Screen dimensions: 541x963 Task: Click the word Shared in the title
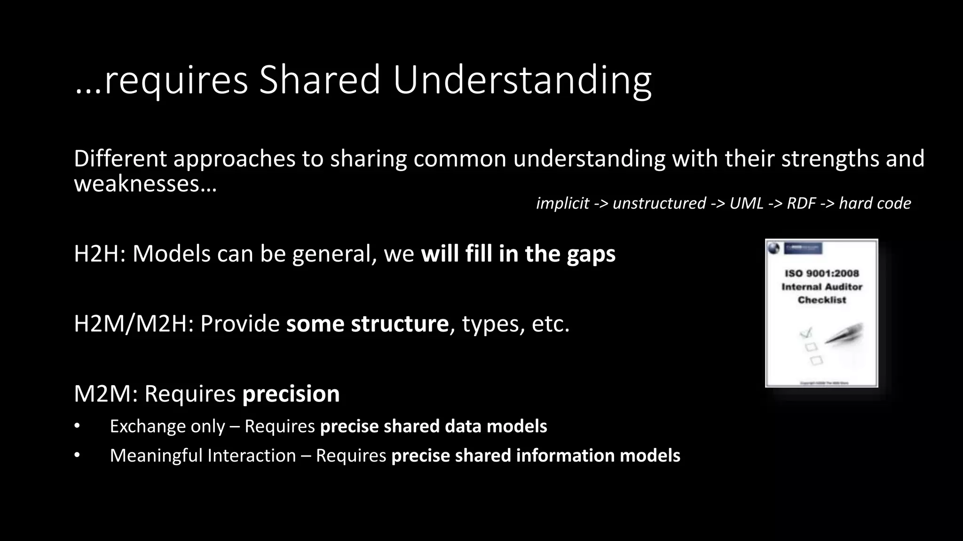point(319,80)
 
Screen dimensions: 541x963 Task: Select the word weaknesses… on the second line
point(145,183)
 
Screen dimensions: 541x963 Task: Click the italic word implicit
point(562,203)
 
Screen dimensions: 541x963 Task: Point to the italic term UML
point(746,203)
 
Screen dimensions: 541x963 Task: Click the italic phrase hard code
point(875,203)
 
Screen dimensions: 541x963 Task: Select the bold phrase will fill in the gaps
point(518,254)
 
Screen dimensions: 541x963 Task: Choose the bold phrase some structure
point(367,324)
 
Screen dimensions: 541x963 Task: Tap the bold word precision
point(291,394)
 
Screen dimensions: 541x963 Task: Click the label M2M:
point(105,394)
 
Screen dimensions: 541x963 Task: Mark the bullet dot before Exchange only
point(77,426)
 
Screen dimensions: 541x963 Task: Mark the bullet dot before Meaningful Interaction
point(77,455)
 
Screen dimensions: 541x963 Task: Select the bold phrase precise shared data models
point(434,426)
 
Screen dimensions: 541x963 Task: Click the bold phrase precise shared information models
point(536,456)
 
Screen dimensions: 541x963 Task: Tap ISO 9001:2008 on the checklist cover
point(821,273)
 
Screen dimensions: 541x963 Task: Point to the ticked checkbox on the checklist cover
point(806,333)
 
